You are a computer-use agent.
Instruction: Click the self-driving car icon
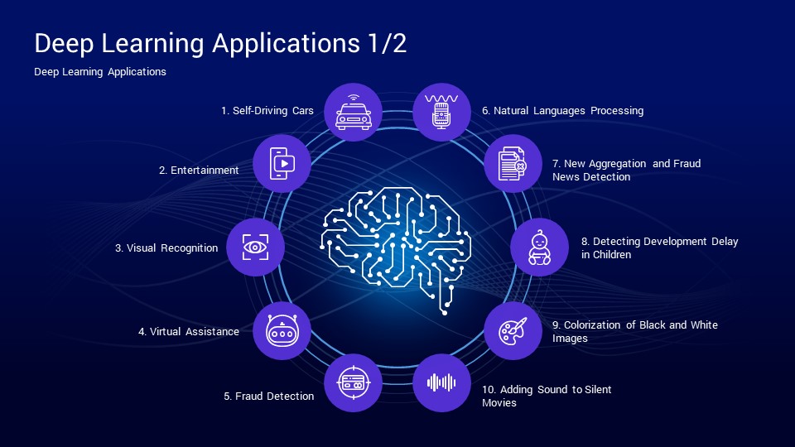click(x=354, y=112)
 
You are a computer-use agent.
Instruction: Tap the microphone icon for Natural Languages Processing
click(x=441, y=112)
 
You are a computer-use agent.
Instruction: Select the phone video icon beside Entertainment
click(x=282, y=164)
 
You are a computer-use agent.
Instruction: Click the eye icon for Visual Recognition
click(x=255, y=248)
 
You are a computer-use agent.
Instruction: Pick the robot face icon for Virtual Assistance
click(x=282, y=331)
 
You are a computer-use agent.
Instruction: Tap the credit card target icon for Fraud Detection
click(x=354, y=382)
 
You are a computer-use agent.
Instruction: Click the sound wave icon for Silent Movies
click(x=441, y=382)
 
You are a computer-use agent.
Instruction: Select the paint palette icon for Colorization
click(x=513, y=331)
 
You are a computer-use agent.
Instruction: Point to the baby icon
click(x=539, y=248)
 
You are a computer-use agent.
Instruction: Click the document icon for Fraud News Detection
click(x=513, y=164)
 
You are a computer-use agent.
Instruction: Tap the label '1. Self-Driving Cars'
click(x=267, y=110)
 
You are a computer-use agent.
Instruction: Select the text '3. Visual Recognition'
click(x=166, y=248)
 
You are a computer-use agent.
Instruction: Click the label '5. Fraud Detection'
click(x=268, y=396)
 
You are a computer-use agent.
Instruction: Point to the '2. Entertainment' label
click(x=199, y=171)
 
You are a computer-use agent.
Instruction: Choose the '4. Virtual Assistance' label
click(x=189, y=331)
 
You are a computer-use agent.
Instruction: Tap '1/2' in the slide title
click(x=388, y=43)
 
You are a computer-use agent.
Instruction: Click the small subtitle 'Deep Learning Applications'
click(x=100, y=72)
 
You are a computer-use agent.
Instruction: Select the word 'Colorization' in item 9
click(x=592, y=324)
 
